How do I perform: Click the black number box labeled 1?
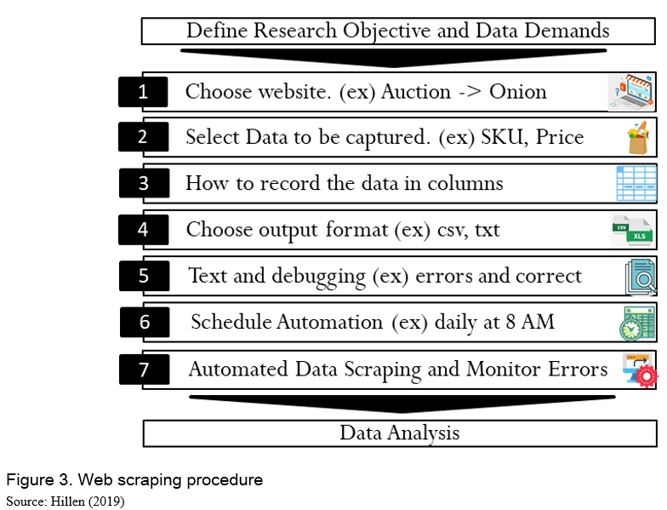(143, 92)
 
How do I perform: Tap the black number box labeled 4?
(143, 230)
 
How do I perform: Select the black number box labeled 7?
(145, 370)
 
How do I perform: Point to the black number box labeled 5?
(145, 276)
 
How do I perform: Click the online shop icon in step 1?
(631, 92)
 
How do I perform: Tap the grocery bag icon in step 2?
(638, 138)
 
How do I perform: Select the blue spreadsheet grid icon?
(636, 184)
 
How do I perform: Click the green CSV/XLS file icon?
(632, 230)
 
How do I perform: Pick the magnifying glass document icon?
(640, 277)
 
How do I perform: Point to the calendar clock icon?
(636, 324)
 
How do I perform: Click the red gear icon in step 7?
(647, 376)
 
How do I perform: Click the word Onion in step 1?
(517, 92)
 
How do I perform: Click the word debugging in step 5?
(318, 277)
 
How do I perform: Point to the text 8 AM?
(530, 322)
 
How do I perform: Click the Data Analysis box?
(400, 433)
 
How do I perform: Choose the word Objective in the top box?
(386, 31)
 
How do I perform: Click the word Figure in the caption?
(31, 480)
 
